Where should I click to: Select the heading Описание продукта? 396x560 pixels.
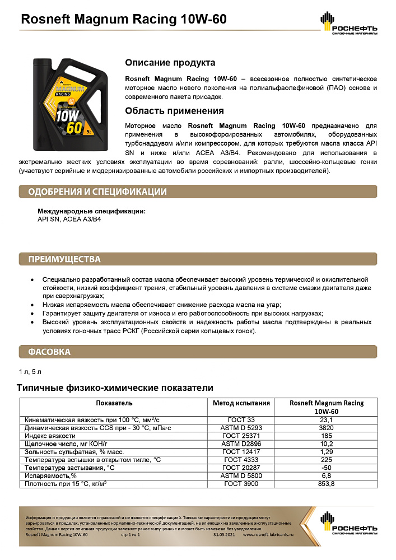tap(170, 63)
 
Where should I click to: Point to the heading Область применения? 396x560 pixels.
tap(174, 111)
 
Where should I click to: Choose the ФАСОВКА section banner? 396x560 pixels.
tap(49, 352)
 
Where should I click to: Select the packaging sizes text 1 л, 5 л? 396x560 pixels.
tap(30, 372)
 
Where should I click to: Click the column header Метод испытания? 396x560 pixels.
tap(241, 403)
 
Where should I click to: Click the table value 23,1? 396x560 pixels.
tap(327, 419)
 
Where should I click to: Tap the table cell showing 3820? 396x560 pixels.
tap(327, 427)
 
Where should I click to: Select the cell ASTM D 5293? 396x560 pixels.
tap(241, 427)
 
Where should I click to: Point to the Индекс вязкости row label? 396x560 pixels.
tap(50, 435)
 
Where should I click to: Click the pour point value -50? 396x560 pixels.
tap(327, 467)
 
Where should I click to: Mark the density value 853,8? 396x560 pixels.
tap(327, 483)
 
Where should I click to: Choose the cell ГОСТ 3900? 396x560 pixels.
tap(241, 483)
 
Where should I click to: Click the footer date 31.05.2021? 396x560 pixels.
tap(225, 535)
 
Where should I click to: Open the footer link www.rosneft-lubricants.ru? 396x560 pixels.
tap(271, 535)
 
